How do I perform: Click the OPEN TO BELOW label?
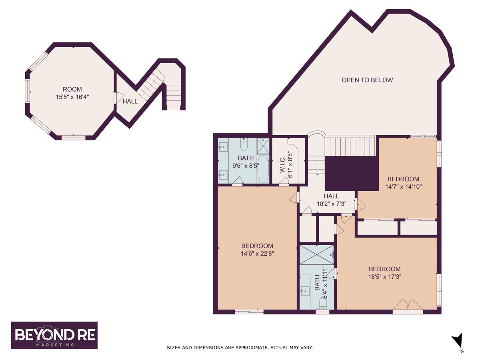point(367,80)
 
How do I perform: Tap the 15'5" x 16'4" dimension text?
point(72,97)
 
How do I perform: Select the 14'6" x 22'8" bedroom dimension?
point(257,254)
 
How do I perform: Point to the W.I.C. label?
point(282,164)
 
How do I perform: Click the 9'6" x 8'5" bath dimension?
point(246,166)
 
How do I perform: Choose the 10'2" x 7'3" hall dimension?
point(332,204)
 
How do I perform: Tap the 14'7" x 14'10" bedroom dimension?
point(403,187)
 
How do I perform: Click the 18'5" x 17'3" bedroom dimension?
point(385,277)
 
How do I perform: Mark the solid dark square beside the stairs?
point(352,173)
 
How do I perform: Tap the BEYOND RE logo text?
point(55,335)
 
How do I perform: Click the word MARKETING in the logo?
point(55,345)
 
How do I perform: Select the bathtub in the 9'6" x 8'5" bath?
point(263,169)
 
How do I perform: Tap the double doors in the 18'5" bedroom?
point(408,304)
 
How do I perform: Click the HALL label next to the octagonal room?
point(130,101)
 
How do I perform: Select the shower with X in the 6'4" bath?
point(316,255)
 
